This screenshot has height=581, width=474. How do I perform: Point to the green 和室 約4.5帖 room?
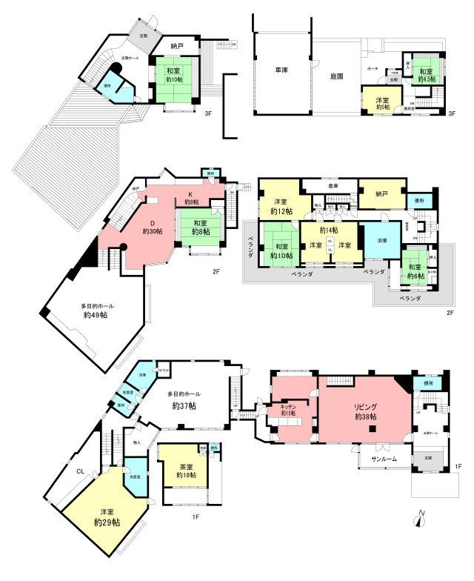pos(427,74)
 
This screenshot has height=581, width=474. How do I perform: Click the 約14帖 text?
pos(330,230)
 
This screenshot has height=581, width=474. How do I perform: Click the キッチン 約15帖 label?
pos(288,410)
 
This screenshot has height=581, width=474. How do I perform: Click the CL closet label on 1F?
pos(80,469)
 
